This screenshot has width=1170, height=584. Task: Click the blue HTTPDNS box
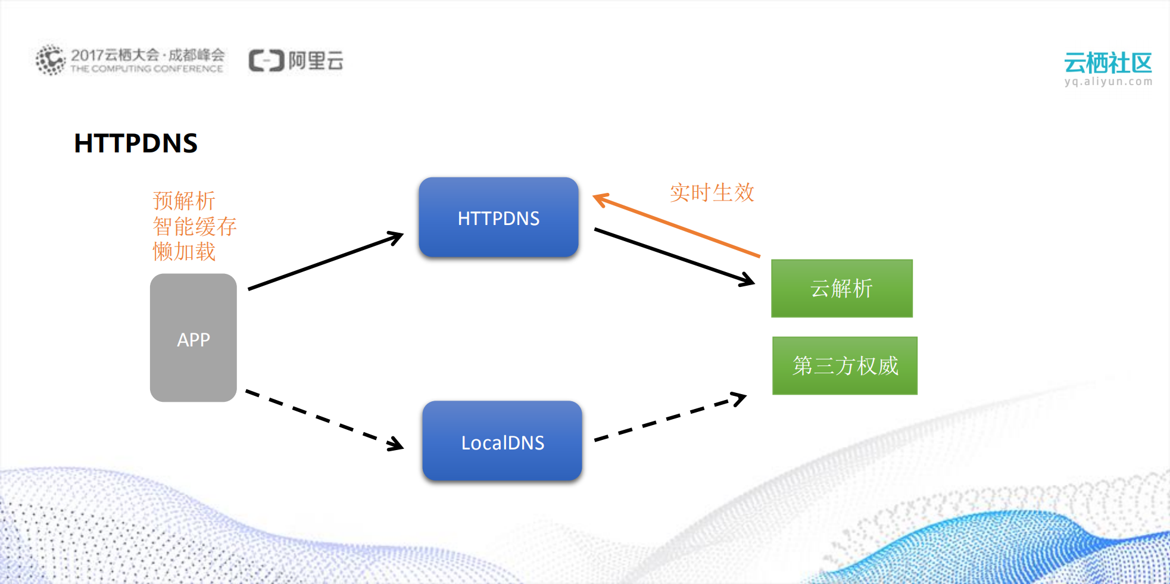pyautogui.click(x=498, y=217)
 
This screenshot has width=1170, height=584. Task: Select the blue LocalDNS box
pyautogui.click(x=502, y=441)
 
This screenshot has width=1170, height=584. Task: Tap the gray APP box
pyautogui.click(x=193, y=338)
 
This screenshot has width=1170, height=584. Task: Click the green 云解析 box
pyautogui.click(x=841, y=288)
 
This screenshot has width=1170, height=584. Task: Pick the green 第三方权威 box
pyautogui.click(x=844, y=366)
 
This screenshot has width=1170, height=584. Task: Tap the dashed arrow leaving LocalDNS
pyautogui.click(x=670, y=419)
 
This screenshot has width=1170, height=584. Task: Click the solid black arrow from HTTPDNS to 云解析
pyautogui.click(x=673, y=257)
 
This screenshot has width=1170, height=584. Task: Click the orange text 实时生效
pyautogui.click(x=712, y=193)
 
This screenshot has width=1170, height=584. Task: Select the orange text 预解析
pyautogui.click(x=183, y=201)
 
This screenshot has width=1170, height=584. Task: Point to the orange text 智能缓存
pyautogui.click(x=195, y=226)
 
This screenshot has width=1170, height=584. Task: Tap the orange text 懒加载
pyautogui.click(x=183, y=251)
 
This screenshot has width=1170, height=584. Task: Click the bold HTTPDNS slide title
pyautogui.click(x=136, y=143)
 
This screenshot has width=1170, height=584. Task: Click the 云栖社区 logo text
pyautogui.click(x=1107, y=63)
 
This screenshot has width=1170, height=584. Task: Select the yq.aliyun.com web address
pyautogui.click(x=1108, y=82)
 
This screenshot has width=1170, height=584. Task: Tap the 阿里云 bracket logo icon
pyautogui.click(x=266, y=61)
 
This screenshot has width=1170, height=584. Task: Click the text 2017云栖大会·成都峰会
pyautogui.click(x=148, y=55)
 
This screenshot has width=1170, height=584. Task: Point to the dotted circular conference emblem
pyautogui.click(x=50, y=60)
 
